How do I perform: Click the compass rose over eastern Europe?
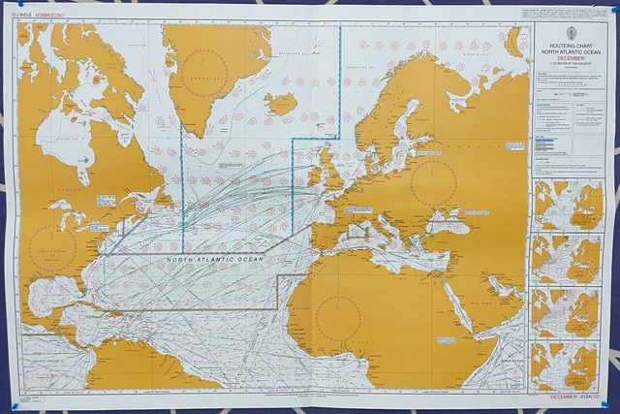pyautogui.click(x=433, y=182)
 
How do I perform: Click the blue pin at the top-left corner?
pyautogui.click(x=13, y=13)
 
